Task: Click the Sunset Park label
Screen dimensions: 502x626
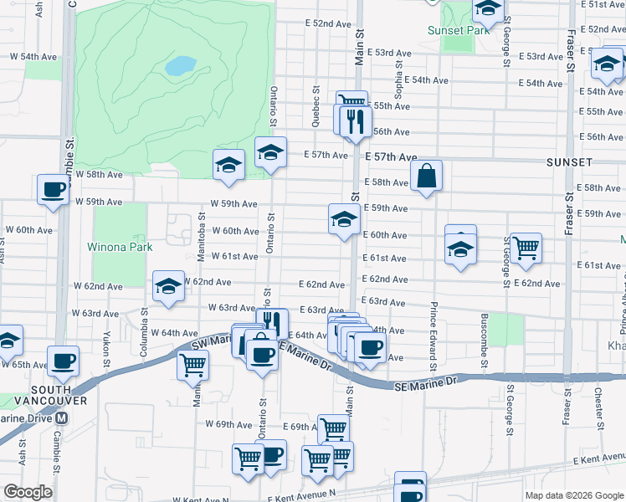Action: tap(458, 30)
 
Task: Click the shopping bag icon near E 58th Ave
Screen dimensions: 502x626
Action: tap(426, 177)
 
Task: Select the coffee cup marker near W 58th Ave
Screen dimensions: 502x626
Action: tap(54, 189)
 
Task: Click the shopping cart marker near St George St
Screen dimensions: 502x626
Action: tap(526, 248)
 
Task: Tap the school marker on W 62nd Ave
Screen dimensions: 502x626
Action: tap(168, 287)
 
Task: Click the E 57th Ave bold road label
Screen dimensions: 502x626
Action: tap(390, 156)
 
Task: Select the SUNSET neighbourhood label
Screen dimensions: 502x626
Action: tap(570, 161)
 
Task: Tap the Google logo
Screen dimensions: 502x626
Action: tap(28, 492)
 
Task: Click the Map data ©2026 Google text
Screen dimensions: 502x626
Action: tap(572, 495)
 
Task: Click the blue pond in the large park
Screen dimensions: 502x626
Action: tap(181, 64)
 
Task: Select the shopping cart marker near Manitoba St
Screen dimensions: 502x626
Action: tap(192, 364)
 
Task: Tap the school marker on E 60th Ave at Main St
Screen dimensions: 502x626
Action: tap(343, 220)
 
